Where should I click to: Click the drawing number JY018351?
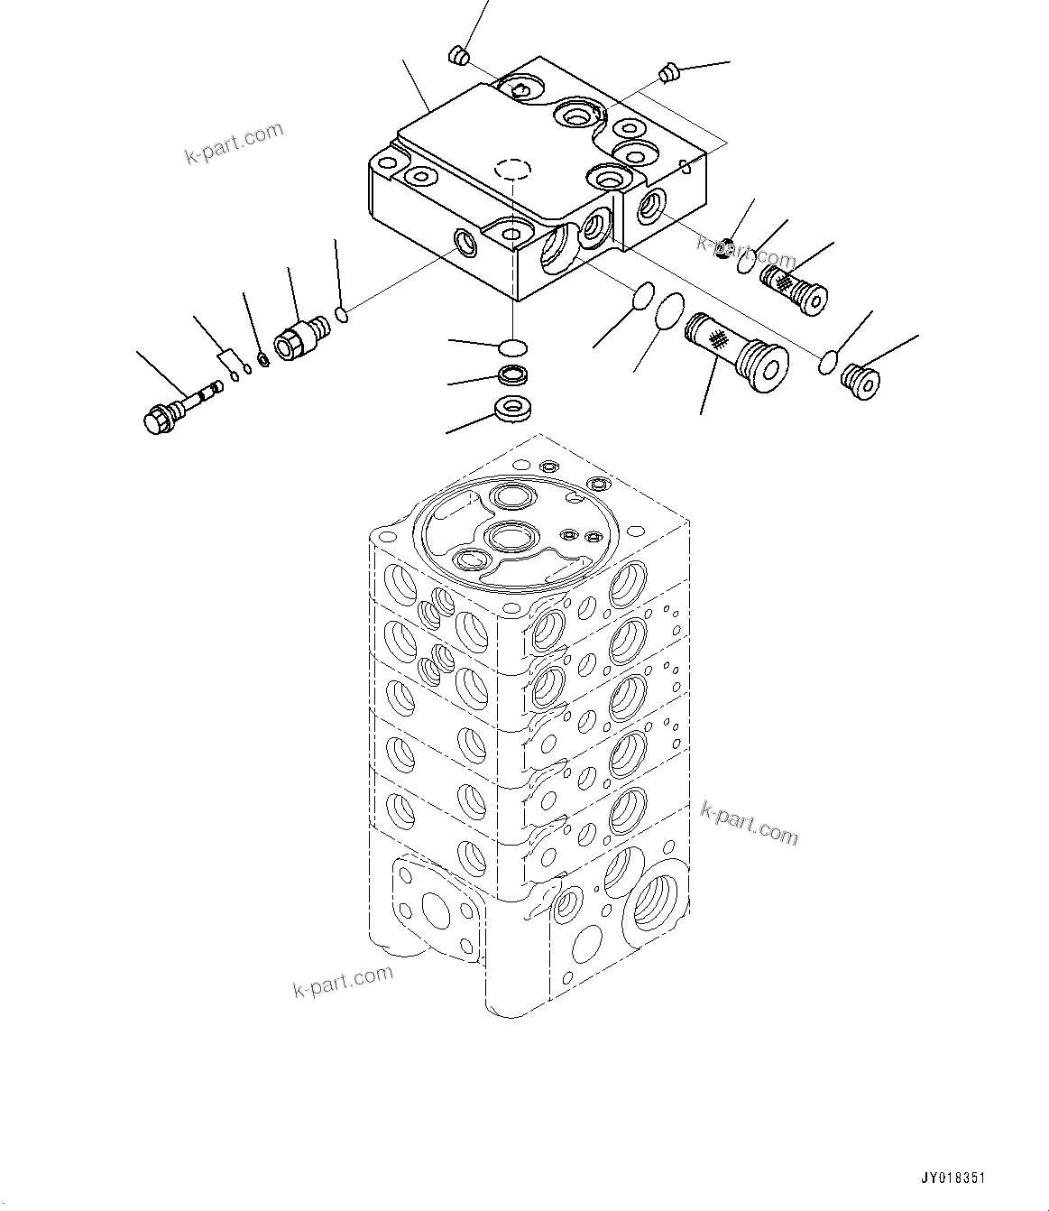pyautogui.click(x=953, y=1179)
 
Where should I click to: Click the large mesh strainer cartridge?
pyautogui.click(x=736, y=352)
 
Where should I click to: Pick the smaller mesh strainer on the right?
pyautogui.click(x=794, y=288)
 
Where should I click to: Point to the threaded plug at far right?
pyautogui.click(x=858, y=382)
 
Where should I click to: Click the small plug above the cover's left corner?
pyautogui.click(x=458, y=56)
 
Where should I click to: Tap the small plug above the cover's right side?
pyautogui.click(x=668, y=72)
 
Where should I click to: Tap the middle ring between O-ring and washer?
pyautogui.click(x=513, y=376)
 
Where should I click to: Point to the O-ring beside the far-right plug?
pyautogui.click(x=828, y=362)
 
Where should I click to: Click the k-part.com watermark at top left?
pyautogui.click(x=234, y=143)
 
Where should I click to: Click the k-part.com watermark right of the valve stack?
pyautogui.click(x=749, y=823)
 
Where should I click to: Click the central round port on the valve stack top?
pyautogui.click(x=511, y=537)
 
